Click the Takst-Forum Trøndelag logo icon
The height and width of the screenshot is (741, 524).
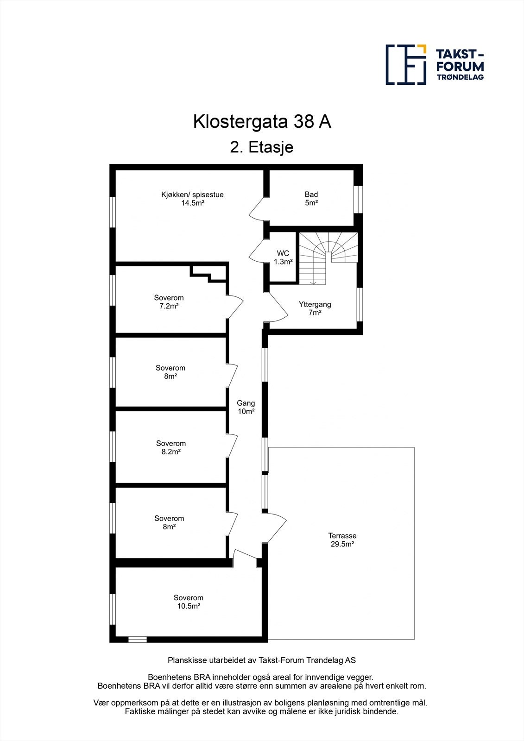coord(406,65)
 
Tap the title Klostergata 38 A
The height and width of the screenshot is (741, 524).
coord(262,122)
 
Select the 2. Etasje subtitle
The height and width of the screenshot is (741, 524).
coord(262,147)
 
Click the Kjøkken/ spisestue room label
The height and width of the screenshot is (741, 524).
coord(192,199)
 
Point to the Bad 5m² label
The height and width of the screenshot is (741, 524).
coord(311,199)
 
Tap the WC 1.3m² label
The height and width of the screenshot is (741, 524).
coord(283,257)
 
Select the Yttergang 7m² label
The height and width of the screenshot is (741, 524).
coord(315,308)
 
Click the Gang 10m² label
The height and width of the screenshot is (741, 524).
coord(246,407)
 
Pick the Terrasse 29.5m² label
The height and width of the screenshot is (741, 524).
coord(342,540)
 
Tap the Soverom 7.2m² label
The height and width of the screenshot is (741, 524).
coord(169,302)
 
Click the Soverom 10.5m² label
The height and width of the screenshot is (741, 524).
coord(189,602)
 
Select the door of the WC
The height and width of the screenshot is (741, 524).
coord(258,253)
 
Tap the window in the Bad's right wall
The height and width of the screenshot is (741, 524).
coord(358,199)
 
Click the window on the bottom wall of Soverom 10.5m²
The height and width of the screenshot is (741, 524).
coord(137,640)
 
